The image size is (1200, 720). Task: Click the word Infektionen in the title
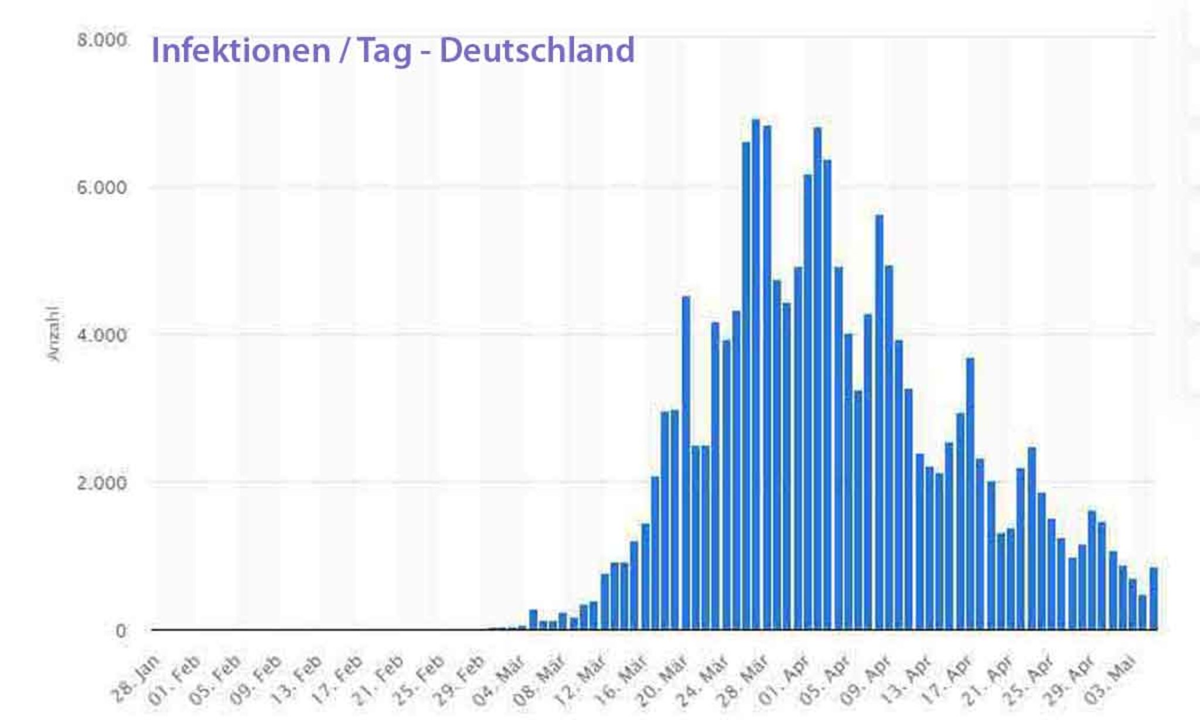241,50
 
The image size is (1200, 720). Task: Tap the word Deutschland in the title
537,50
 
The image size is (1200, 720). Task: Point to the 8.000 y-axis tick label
102,40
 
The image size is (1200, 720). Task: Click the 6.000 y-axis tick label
102,188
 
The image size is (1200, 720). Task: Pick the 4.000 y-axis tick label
102,336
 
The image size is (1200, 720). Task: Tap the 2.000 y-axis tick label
102,483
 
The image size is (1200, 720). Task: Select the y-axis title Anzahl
53,333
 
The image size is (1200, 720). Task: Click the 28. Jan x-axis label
137,678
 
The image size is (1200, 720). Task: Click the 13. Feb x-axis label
299,679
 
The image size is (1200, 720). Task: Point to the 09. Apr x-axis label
867,679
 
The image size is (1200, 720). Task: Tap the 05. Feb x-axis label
217,679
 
